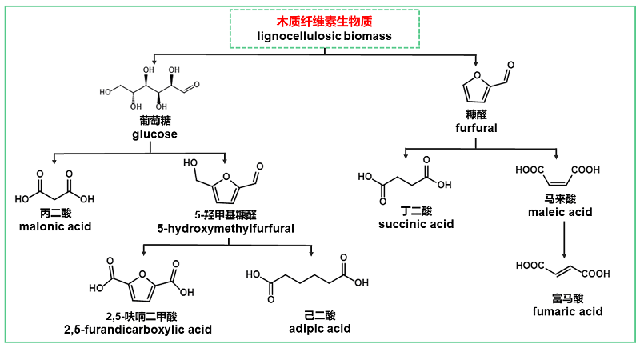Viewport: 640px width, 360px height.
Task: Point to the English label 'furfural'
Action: pyautogui.click(x=476, y=128)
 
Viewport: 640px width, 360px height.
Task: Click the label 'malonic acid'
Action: pyautogui.click(x=54, y=227)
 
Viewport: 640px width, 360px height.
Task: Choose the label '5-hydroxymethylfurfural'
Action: pyautogui.click(x=226, y=229)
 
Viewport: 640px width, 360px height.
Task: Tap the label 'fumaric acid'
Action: pyautogui.click(x=567, y=311)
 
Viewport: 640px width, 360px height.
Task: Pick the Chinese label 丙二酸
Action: pyautogui.click(x=54, y=214)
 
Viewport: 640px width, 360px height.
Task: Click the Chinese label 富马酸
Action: pyautogui.click(x=567, y=298)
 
